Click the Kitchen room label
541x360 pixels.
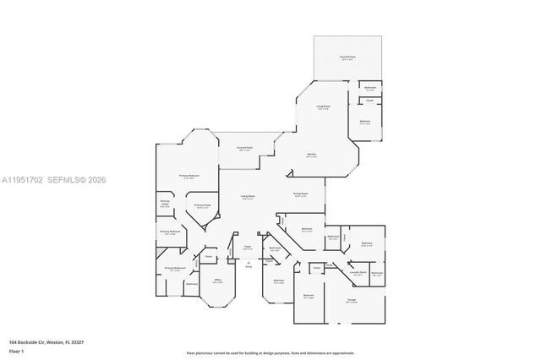312,155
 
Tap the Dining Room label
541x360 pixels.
300,194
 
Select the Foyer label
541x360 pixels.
248,248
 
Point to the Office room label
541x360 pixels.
217,281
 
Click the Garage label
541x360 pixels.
351,301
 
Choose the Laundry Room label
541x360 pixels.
357,273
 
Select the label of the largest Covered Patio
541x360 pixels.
347,57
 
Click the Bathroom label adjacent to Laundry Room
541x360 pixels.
377,273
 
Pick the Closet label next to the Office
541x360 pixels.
208,257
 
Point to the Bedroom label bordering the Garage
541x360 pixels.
309,296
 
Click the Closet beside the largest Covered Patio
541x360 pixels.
369,101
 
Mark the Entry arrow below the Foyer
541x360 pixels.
248,264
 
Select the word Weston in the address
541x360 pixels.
56,342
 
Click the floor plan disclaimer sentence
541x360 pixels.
270,352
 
